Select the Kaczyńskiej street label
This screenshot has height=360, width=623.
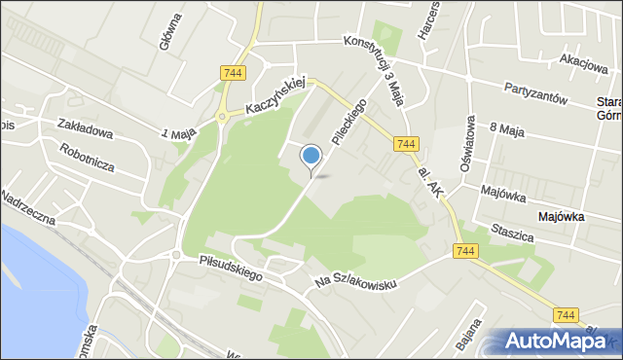(x=276, y=95)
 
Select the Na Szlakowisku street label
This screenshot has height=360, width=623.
(x=356, y=271)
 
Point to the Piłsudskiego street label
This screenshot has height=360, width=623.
(x=231, y=268)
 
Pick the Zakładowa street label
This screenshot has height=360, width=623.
(x=85, y=127)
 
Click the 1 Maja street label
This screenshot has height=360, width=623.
(x=179, y=130)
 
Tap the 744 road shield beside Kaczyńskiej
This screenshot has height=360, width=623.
(x=233, y=73)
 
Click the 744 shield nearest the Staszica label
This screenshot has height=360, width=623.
(x=464, y=252)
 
